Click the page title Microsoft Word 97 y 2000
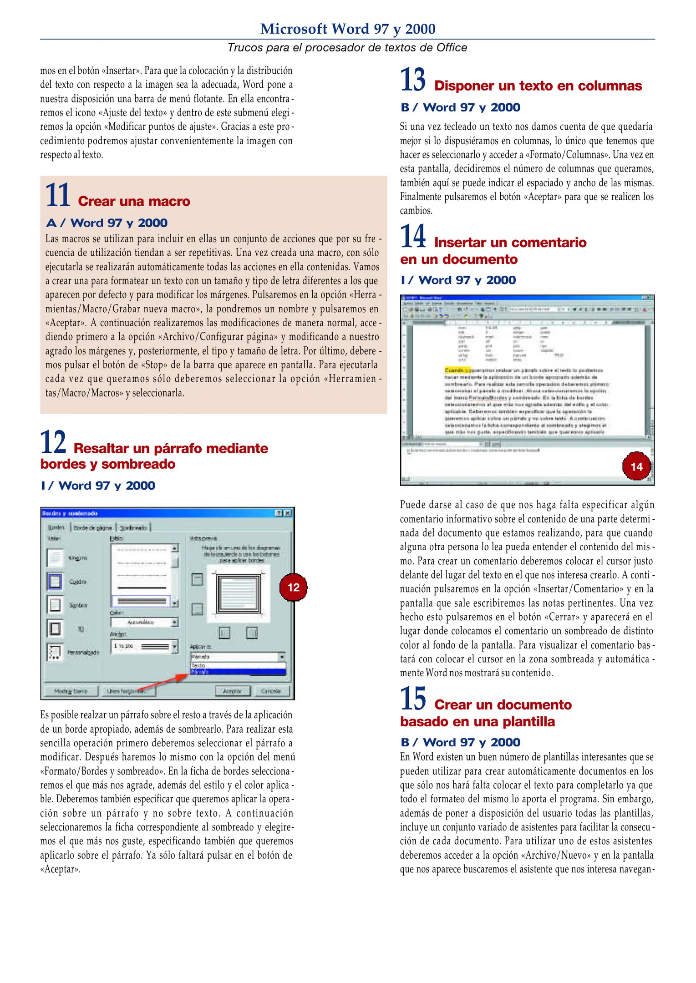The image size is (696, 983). pyautogui.click(x=347, y=29)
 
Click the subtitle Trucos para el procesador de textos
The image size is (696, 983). pyautogui.click(x=347, y=47)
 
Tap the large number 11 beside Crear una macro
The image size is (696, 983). pyautogui.click(x=57, y=195)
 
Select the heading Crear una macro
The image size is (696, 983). pyautogui.click(x=134, y=201)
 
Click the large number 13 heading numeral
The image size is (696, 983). pyautogui.click(x=413, y=80)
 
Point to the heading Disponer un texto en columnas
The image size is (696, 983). pyautogui.click(x=538, y=86)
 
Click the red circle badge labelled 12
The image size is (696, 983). pyautogui.click(x=293, y=587)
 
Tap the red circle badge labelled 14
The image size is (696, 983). pyautogui.click(x=636, y=466)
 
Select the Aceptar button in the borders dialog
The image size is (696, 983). pyautogui.click(x=233, y=691)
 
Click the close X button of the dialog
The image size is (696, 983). pyautogui.click(x=288, y=513)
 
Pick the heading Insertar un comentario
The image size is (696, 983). pyautogui.click(x=510, y=242)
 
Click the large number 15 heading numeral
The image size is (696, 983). pyautogui.click(x=413, y=699)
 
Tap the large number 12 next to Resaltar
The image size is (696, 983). pyautogui.click(x=53, y=442)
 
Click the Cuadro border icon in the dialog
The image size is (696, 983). pyautogui.click(x=55, y=581)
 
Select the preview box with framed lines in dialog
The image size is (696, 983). pyautogui.click(x=238, y=594)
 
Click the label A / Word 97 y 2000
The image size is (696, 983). pyautogui.click(x=107, y=223)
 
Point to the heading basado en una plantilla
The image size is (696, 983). pyautogui.click(x=477, y=722)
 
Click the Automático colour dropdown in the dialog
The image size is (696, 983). pyautogui.click(x=144, y=622)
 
